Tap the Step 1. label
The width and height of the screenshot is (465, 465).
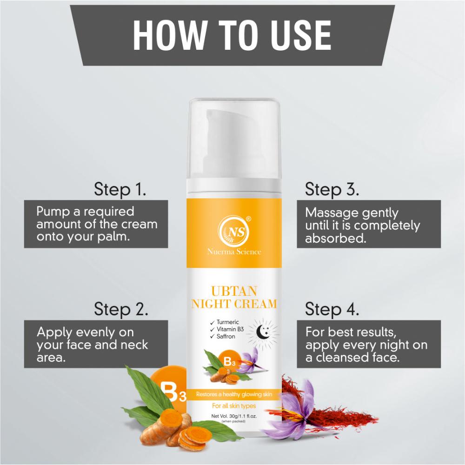pyautogui.click(x=120, y=189)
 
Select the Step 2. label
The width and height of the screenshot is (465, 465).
pyautogui.click(x=121, y=309)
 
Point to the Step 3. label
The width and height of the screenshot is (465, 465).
pyautogui.click(x=332, y=189)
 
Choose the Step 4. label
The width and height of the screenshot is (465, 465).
pyautogui.click(x=332, y=309)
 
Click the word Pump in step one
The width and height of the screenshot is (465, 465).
pyautogui.click(x=53, y=212)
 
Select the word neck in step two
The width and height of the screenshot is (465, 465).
pyautogui.click(x=134, y=345)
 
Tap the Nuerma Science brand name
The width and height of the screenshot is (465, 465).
pyautogui.click(x=234, y=252)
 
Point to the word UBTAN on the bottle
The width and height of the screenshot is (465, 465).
pyautogui.click(x=234, y=291)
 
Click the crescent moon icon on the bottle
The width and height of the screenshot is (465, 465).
pyautogui.click(x=261, y=331)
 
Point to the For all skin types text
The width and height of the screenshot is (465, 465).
pyautogui.click(x=234, y=405)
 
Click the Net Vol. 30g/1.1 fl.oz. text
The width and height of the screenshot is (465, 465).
pyautogui.click(x=234, y=416)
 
